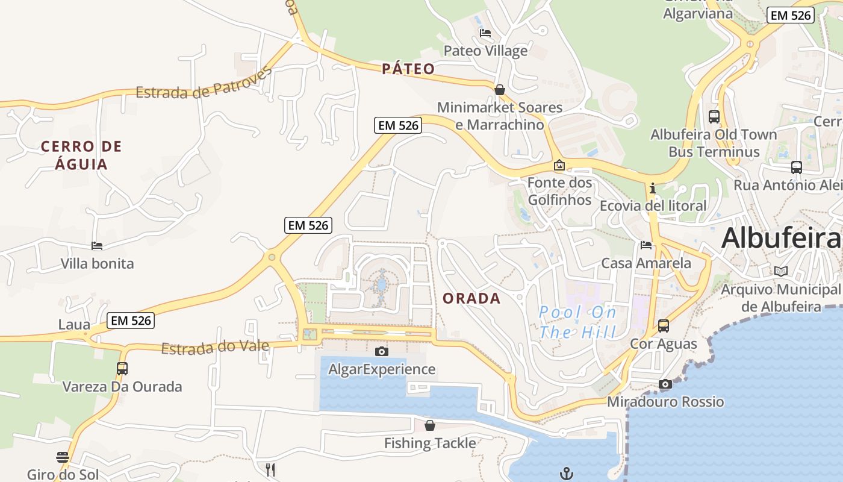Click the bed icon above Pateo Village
pyautogui.click(x=485, y=33)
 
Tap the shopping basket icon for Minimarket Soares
pyautogui.click(x=500, y=90)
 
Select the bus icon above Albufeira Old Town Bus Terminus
pyautogui.click(x=714, y=117)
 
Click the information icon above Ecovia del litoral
pyautogui.click(x=653, y=188)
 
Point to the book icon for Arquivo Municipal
pyautogui.click(x=781, y=272)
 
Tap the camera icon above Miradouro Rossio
pyautogui.click(x=665, y=384)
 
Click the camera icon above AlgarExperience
pyautogui.click(x=381, y=351)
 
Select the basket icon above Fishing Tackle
pyautogui.click(x=430, y=425)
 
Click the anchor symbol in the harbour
pyautogui.click(x=566, y=474)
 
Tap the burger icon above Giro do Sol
pyautogui.click(x=63, y=457)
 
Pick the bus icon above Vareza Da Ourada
pyautogui.click(x=122, y=368)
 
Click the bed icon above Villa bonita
pyautogui.click(x=97, y=245)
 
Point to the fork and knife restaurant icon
pyautogui.click(x=270, y=469)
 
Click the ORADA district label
pyautogui.click(x=471, y=298)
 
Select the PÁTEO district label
pyautogui.click(x=408, y=69)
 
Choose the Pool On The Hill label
pyautogui.click(x=577, y=322)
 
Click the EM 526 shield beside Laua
pyautogui.click(x=131, y=321)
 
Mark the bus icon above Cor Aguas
pyautogui.click(x=664, y=326)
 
